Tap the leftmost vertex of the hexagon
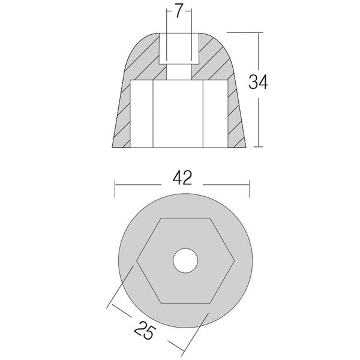point(137,261)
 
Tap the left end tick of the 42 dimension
point(115,187)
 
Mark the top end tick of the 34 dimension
point(259,32)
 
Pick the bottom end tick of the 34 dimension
point(259,146)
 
